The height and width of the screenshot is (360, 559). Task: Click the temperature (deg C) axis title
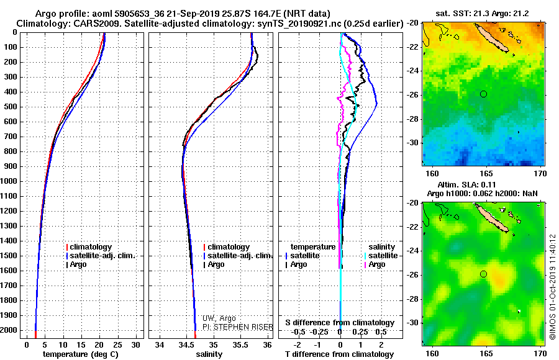(80, 354)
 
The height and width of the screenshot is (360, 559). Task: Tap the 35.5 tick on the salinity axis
(240, 344)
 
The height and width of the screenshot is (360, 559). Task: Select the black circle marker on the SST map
(483, 94)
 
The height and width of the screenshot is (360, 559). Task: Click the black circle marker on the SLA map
(483, 274)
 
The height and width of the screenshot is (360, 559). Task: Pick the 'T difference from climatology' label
(339, 354)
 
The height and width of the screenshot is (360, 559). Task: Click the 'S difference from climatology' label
(340, 323)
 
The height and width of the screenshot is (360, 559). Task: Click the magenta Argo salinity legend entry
(376, 264)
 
